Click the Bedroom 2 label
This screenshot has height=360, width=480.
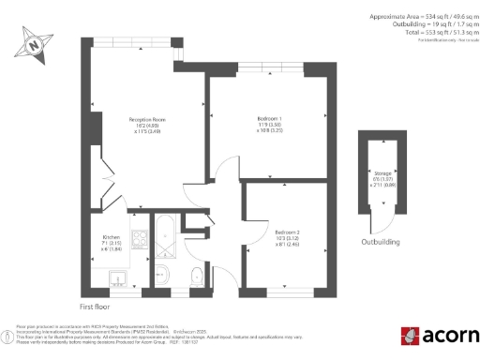[x=288, y=235]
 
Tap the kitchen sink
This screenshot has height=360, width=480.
[x=117, y=278]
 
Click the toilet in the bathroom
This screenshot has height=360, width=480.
[x=193, y=277]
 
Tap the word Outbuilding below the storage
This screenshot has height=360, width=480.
[x=381, y=241]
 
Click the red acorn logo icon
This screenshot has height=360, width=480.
[x=409, y=336]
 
